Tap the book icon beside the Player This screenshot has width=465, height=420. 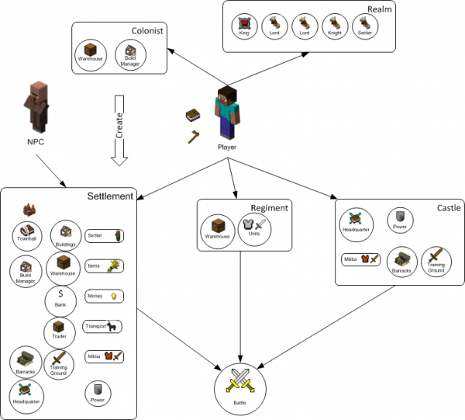coord(193,116)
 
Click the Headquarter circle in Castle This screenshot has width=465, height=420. coord(356,224)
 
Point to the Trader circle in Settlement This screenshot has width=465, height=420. coord(60,335)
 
